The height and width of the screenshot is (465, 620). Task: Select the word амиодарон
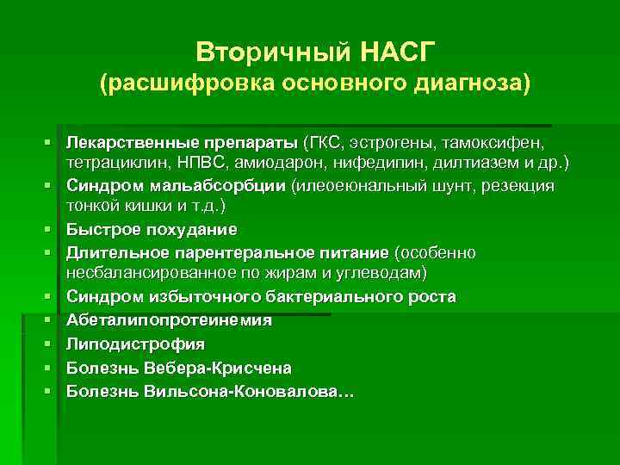[297, 162]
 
